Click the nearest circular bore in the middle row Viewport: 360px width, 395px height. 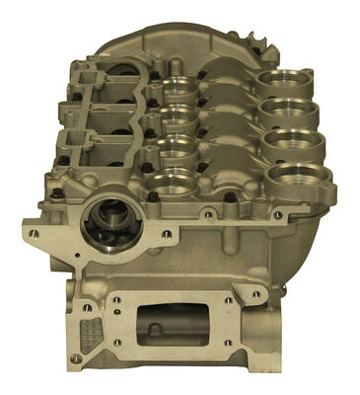pos(174,182)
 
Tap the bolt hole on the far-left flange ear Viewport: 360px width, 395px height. pos(36,234)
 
